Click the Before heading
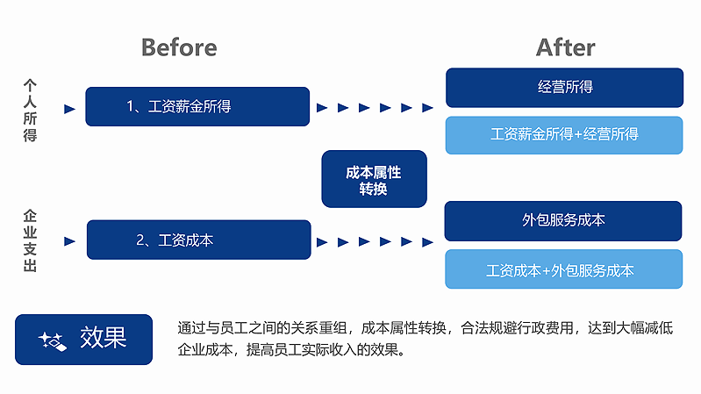179,47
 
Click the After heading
566,47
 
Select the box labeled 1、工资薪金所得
197,106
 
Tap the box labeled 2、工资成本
199,240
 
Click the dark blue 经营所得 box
565,88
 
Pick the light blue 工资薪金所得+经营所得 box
564,135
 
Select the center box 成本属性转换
375,179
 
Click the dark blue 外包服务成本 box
563,221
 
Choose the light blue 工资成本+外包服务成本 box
564,269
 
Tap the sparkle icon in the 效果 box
53,341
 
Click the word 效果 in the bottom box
104,338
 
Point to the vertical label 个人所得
30,111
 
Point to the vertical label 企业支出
30,240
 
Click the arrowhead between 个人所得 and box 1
69,109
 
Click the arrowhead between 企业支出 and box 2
69,241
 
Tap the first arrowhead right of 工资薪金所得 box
322,107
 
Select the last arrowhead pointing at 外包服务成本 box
428,242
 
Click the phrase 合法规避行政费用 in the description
518,328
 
